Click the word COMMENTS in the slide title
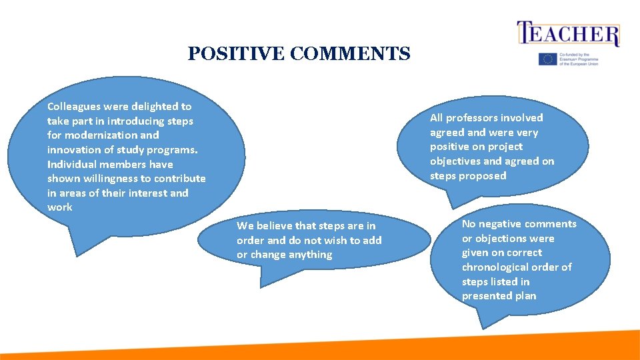click(349, 54)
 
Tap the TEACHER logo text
click(568, 34)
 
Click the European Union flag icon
click(547, 59)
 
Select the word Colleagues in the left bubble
click(75, 107)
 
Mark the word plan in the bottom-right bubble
click(525, 296)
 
